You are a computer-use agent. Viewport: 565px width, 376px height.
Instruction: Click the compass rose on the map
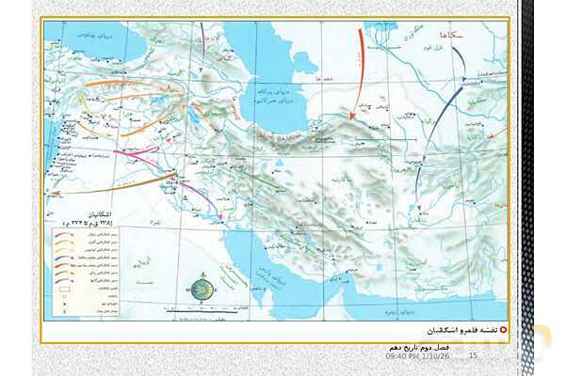[200, 290]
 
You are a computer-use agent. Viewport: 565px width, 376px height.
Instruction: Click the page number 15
[474, 355]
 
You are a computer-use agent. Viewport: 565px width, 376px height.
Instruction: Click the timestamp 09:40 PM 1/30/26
[419, 355]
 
